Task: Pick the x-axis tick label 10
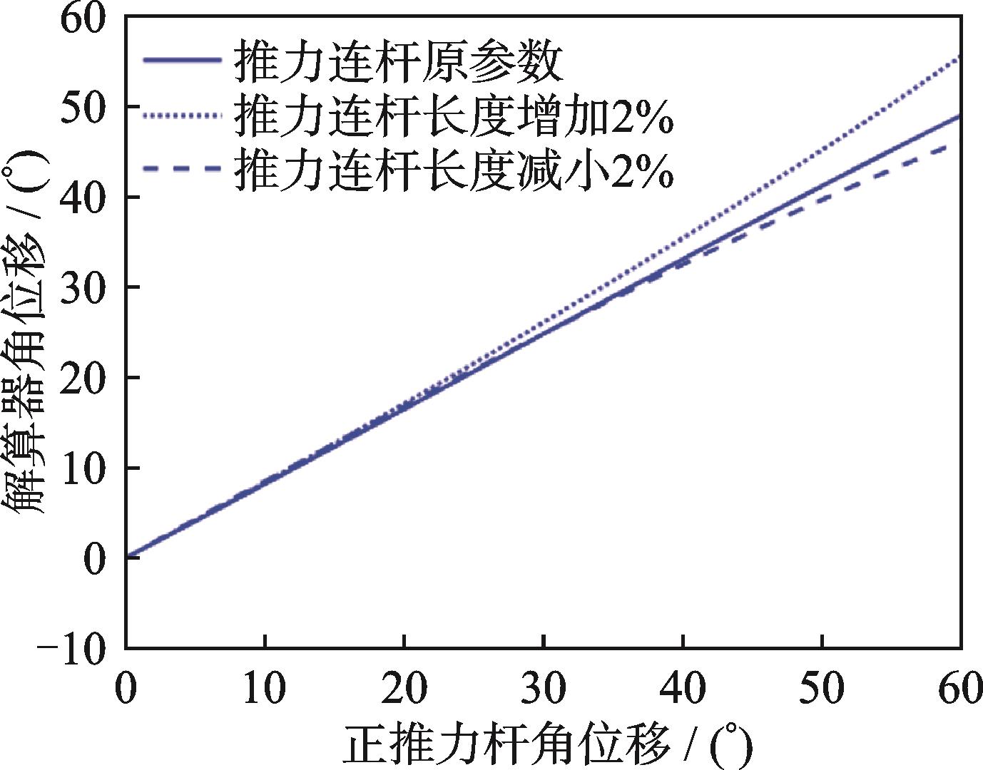265,689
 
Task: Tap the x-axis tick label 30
544,689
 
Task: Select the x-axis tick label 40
683,689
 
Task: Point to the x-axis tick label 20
404,689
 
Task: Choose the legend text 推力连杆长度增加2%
454,116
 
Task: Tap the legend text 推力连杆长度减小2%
454,170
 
